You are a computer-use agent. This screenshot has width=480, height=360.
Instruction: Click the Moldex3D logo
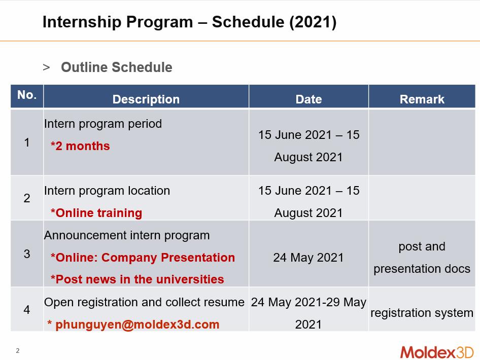click(437, 352)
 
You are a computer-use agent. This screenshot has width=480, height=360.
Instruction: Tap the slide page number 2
click(18, 351)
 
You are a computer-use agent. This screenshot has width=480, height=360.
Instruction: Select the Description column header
click(146, 99)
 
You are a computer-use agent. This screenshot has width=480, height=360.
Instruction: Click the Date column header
click(308, 99)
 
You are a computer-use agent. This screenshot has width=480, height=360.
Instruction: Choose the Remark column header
click(422, 99)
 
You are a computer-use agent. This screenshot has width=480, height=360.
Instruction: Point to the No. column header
click(27, 95)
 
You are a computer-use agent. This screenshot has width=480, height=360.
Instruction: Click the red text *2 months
click(80, 146)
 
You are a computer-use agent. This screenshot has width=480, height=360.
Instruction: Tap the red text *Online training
click(96, 213)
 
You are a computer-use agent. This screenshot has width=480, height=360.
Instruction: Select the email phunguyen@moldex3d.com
click(138, 325)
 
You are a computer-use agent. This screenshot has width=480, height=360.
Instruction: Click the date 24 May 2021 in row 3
click(308, 258)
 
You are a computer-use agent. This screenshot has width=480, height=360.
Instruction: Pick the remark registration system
click(422, 313)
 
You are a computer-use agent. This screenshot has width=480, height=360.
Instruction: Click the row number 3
click(27, 254)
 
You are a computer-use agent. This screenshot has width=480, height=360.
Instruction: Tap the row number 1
click(27, 142)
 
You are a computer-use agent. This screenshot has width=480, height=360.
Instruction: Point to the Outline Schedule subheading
click(117, 67)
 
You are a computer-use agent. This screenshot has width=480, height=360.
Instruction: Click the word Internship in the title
click(82, 22)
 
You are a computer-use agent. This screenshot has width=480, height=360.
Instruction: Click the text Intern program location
click(107, 191)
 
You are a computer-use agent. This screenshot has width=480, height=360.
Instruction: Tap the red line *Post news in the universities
click(137, 279)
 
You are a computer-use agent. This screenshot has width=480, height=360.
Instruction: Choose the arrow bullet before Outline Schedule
click(46, 67)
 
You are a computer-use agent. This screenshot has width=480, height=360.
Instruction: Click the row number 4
click(27, 310)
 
